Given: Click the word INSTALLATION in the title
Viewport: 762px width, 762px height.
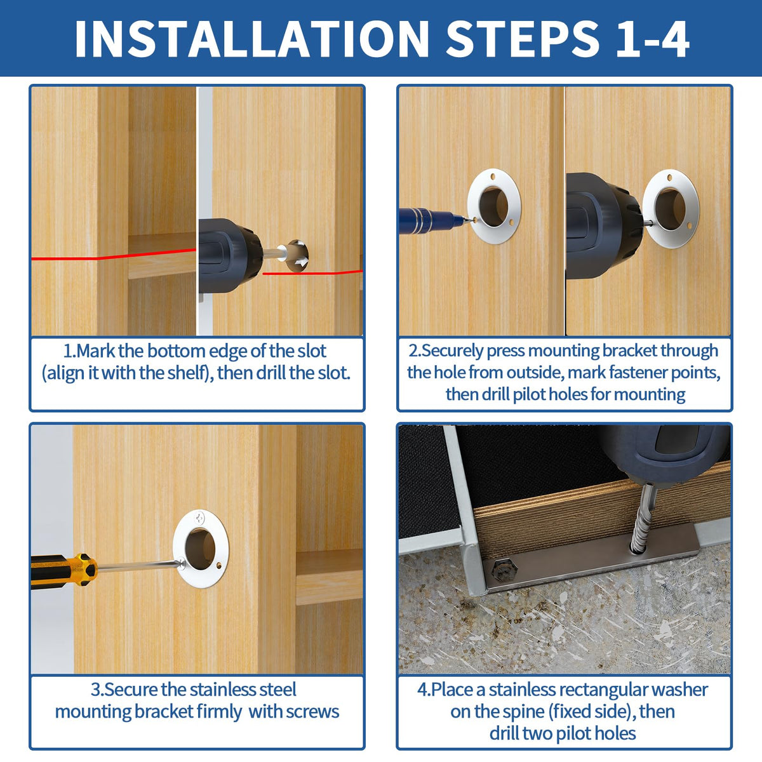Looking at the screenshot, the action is tap(251, 39).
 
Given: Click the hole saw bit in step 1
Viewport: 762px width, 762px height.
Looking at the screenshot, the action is tap(297, 255).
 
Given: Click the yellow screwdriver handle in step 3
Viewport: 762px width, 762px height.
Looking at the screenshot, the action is tap(64, 570).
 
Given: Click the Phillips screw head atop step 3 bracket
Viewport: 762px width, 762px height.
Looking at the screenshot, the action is tap(199, 516).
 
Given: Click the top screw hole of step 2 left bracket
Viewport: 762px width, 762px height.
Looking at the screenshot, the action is tap(492, 175).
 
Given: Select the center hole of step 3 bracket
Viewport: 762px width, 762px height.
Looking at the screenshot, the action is tap(200, 549).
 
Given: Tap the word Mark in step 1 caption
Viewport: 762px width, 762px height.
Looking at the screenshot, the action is tap(95, 351).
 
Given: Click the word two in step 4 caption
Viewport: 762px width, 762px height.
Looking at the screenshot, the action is tap(538, 733).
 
